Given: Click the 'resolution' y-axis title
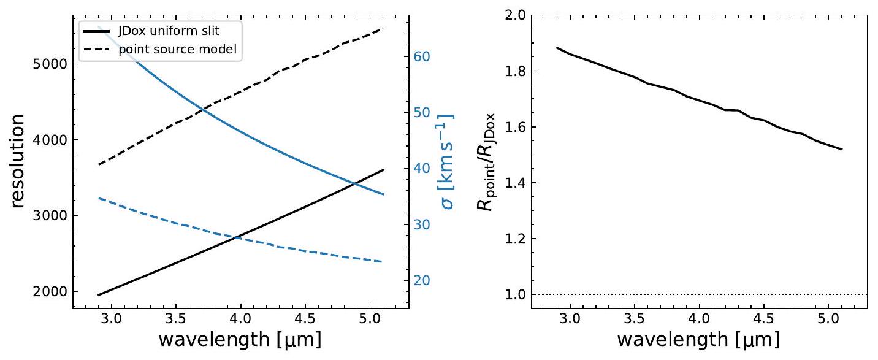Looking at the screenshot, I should (18, 160).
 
